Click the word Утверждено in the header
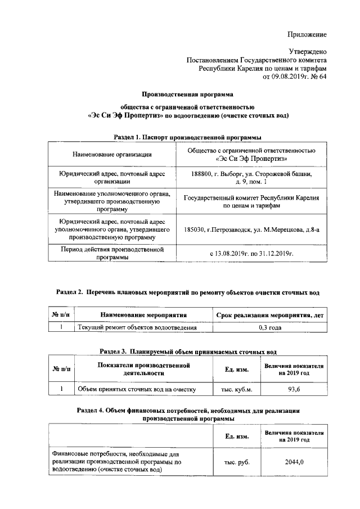click(x=307, y=51)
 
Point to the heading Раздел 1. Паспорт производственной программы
click(x=187, y=137)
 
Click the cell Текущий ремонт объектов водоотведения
click(x=137, y=327)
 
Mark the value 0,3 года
click(x=270, y=327)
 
